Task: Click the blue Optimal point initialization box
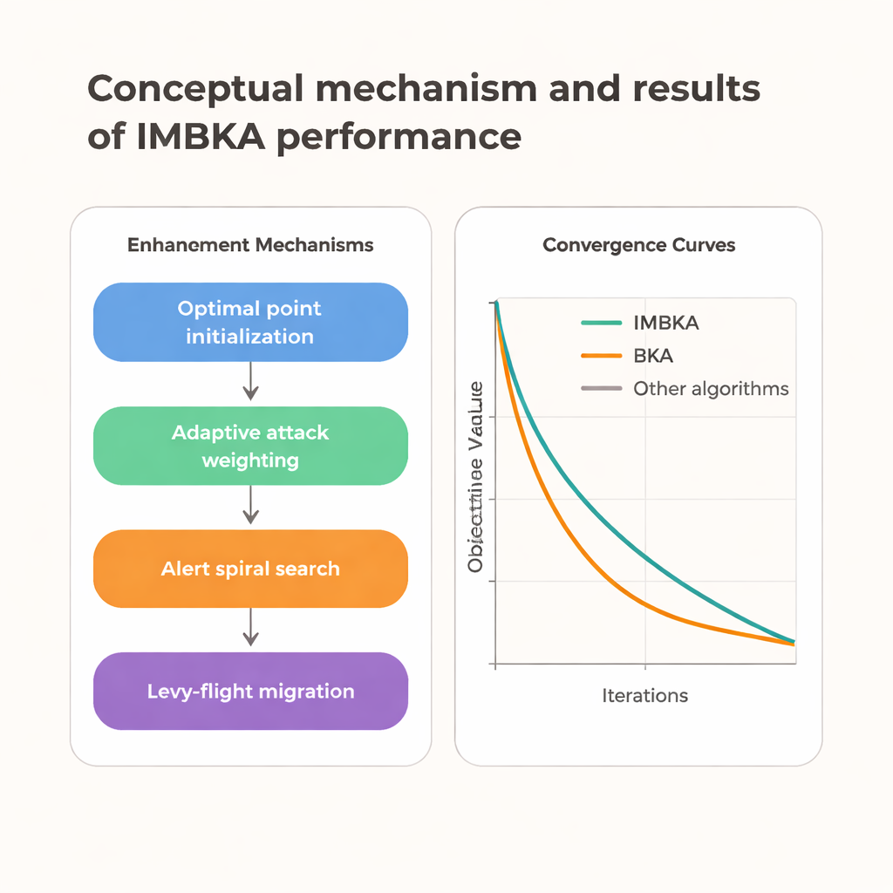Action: [250, 322]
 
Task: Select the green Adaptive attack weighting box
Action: [250, 446]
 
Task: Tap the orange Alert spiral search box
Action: [250, 569]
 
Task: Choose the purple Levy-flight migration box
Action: [250, 692]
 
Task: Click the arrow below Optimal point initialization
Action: [250, 383]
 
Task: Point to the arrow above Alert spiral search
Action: [250, 506]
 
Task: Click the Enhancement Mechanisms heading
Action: [250, 245]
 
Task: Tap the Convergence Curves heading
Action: [638, 245]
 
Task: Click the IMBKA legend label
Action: [666, 324]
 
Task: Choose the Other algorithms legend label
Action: [711, 389]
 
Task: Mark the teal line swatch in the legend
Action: [601, 324]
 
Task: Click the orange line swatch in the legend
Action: [601, 356]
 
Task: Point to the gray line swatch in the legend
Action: [601, 389]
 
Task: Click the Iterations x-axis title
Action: [644, 695]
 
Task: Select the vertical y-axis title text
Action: [475, 478]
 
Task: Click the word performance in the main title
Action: [399, 137]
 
